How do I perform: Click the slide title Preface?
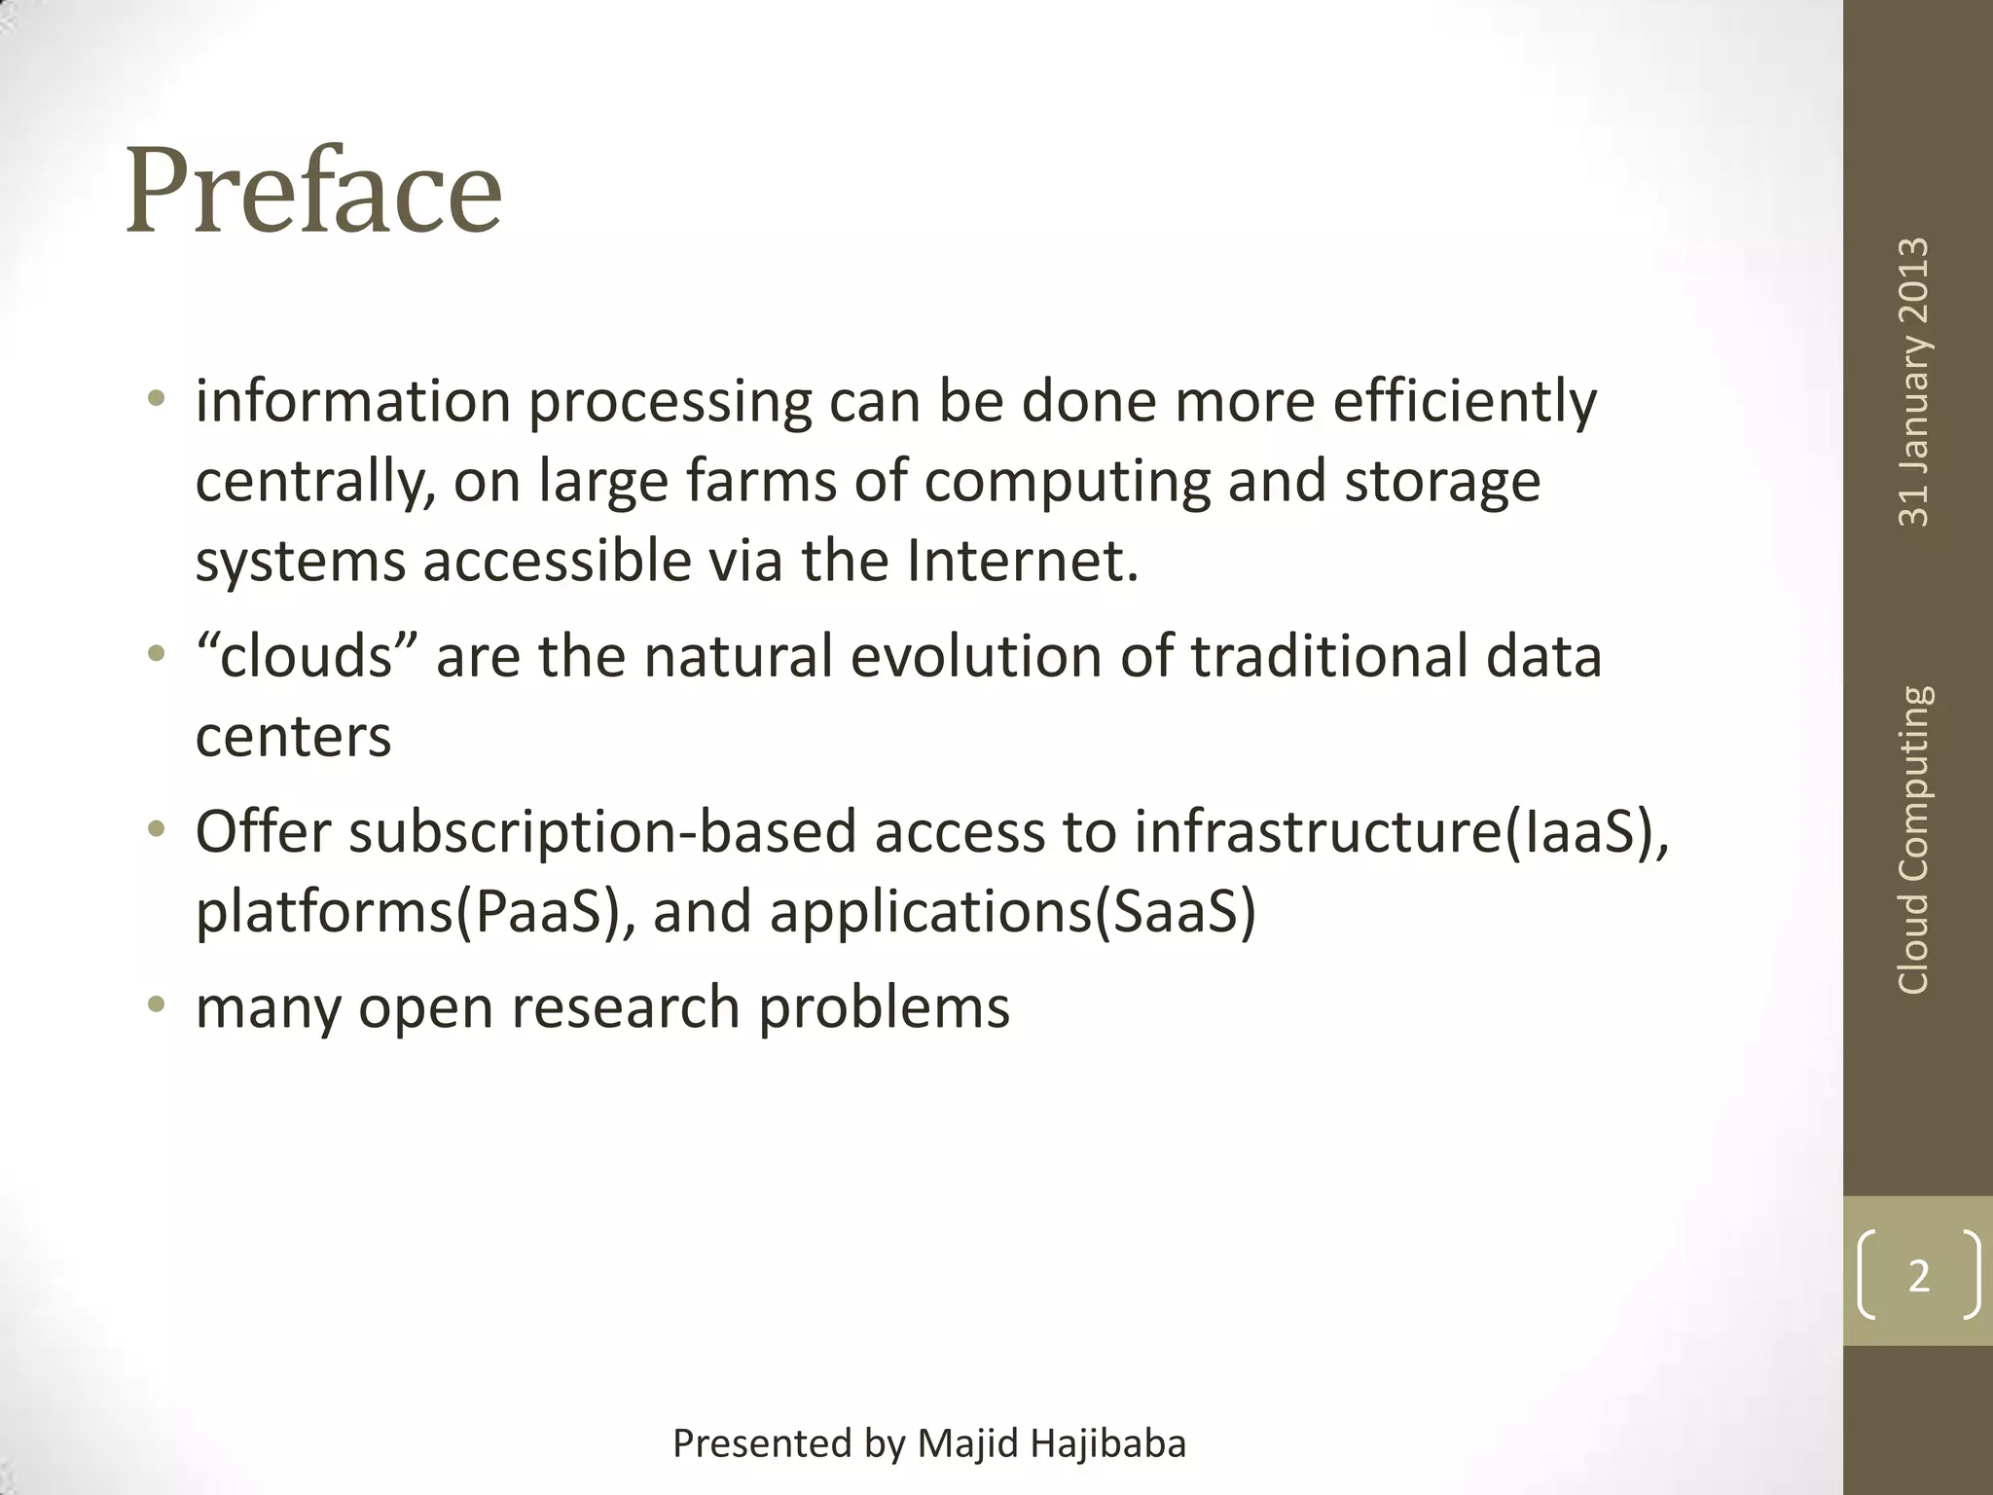[x=313, y=191]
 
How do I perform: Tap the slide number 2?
[x=1918, y=1276]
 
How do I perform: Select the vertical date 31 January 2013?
[x=1913, y=383]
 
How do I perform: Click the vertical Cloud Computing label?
[x=1913, y=840]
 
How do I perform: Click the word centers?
[x=293, y=737]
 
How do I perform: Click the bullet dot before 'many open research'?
[x=156, y=1003]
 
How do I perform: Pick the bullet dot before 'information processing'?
[x=156, y=398]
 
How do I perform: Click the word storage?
[x=1442, y=483]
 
